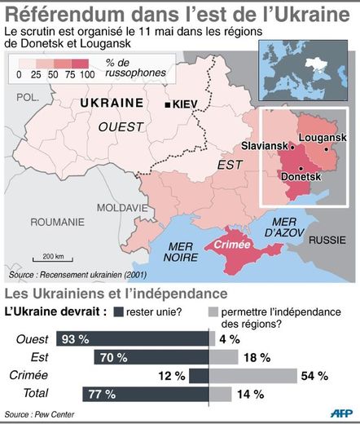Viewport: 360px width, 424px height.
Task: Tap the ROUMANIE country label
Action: point(57,222)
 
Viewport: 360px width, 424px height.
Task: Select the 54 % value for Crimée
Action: point(314,375)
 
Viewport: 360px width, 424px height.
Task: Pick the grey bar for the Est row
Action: point(225,356)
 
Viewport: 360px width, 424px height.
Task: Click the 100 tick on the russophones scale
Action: point(86,73)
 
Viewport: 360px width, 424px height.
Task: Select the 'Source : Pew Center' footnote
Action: point(37,414)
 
